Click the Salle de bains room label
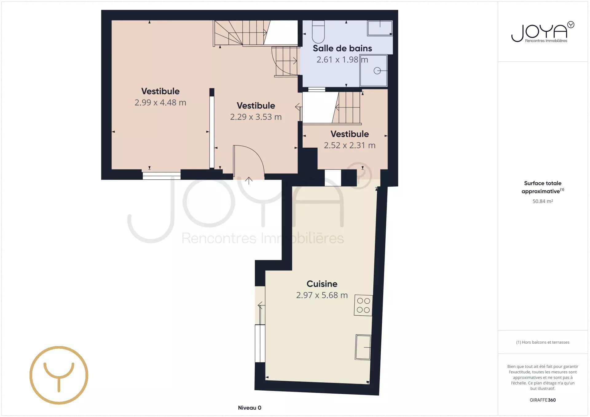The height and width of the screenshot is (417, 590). [342, 48]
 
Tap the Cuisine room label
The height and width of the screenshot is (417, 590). [322, 284]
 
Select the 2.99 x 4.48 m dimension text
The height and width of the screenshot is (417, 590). [160, 103]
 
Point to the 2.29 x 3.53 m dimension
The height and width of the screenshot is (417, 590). [256, 117]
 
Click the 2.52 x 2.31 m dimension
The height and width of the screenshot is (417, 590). [350, 145]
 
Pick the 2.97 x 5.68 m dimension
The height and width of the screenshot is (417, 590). [322, 295]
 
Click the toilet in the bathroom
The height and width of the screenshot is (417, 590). [318, 32]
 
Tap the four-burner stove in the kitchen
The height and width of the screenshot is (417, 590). [364, 306]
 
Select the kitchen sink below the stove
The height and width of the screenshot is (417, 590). [363, 347]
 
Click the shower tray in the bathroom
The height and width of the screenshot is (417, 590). [374, 71]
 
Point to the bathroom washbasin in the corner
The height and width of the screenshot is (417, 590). [380, 28]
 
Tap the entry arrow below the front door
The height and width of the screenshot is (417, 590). [249, 181]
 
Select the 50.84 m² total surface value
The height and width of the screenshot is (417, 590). [543, 201]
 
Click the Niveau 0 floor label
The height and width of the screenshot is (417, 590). [250, 408]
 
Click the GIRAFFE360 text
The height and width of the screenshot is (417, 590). [543, 400]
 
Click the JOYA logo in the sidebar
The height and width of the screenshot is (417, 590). [543, 32]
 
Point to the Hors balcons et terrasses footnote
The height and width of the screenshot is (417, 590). [543, 342]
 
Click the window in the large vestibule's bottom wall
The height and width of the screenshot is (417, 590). [162, 176]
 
